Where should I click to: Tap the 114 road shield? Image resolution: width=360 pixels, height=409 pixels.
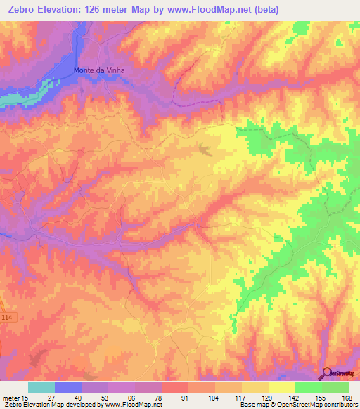coord(7,318)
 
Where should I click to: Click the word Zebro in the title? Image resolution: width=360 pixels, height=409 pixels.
coord(20,10)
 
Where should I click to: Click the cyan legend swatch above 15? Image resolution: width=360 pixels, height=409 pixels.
coord(41,387)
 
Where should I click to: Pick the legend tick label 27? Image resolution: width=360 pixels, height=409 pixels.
coord(54,398)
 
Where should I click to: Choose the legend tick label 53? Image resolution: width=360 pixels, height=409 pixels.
coord(108,398)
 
